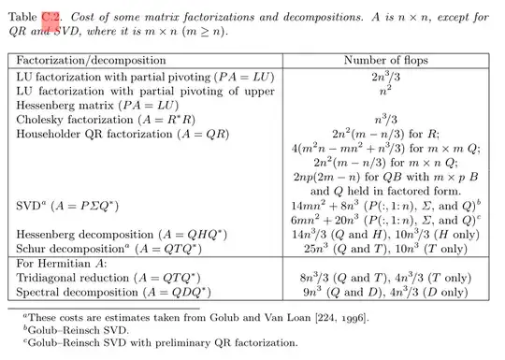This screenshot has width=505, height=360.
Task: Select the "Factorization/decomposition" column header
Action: [92, 60]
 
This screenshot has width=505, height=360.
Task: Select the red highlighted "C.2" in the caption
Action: [51, 17]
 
